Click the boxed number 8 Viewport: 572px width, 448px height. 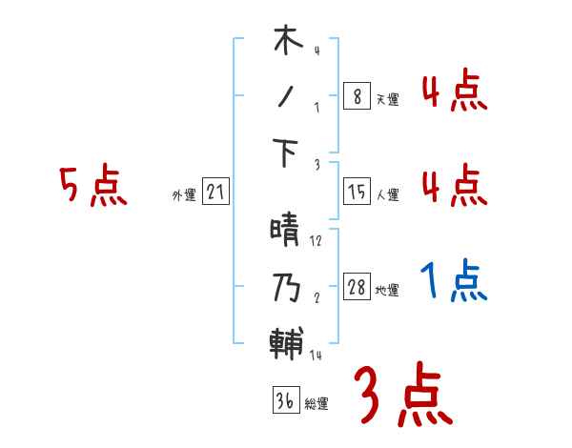coord(357,95)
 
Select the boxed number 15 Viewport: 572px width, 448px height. coord(357,193)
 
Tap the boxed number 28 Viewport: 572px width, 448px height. coord(357,289)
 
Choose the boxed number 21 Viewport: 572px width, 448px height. coord(215,193)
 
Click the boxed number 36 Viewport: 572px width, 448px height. coord(285,400)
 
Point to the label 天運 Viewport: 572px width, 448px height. coord(386,99)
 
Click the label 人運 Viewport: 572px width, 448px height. coord(386,195)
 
